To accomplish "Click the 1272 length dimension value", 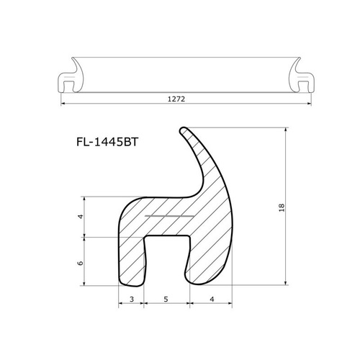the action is [176, 99].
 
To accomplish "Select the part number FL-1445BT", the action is [107, 142].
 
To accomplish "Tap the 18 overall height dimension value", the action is [282, 207].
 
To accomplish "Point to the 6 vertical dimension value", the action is [81, 263].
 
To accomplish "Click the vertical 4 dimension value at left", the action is [81, 217].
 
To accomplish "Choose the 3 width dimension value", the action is [132, 299].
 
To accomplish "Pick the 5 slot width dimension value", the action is [166, 299].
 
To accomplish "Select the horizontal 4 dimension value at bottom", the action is [212, 299].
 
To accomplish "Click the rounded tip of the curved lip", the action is [184, 130].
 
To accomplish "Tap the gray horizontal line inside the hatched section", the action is [169, 216].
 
